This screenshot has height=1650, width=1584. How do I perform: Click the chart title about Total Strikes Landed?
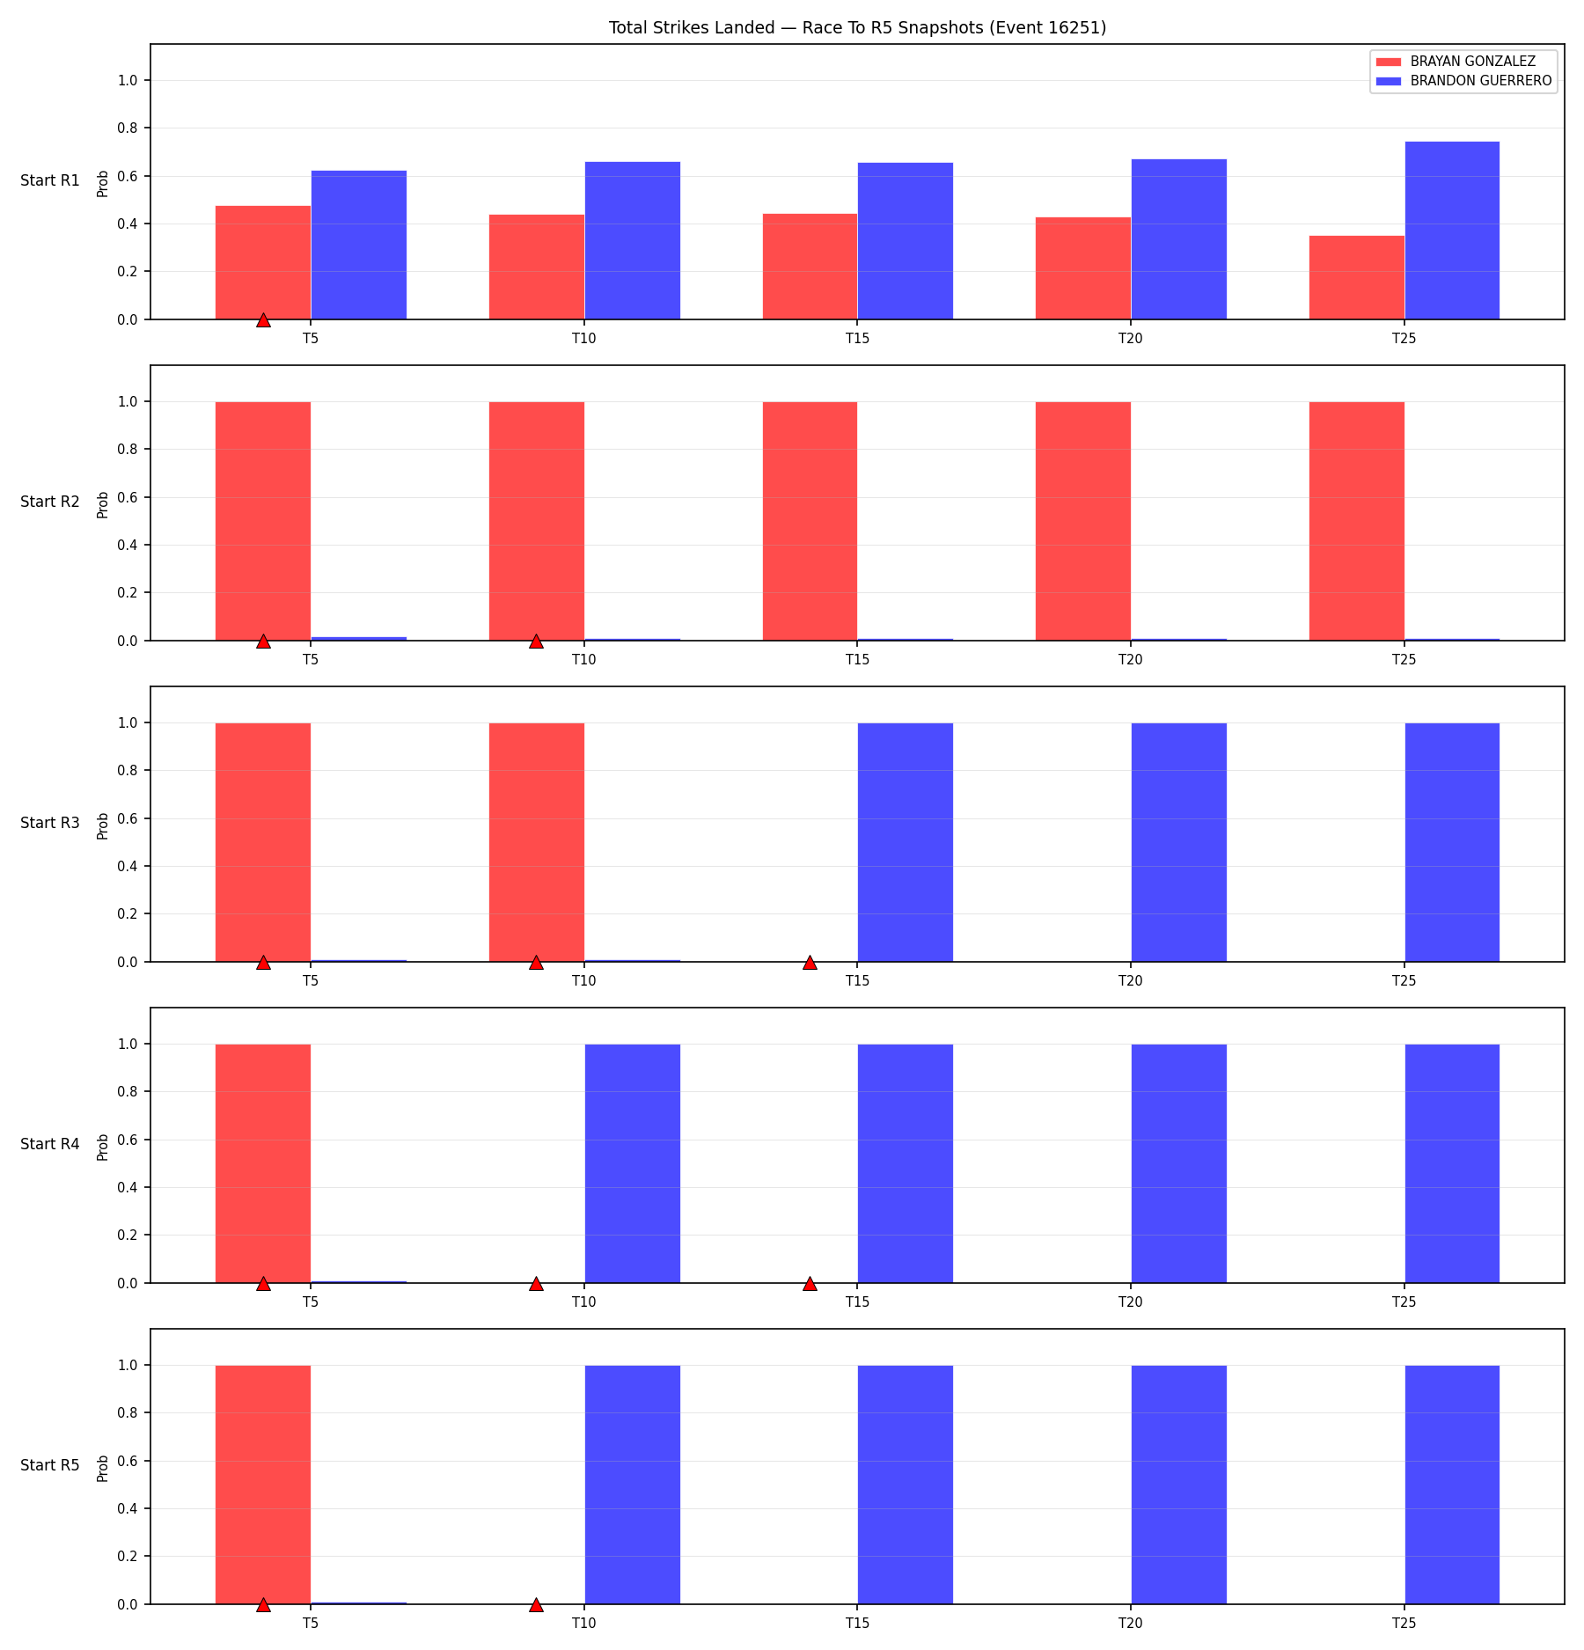[x=857, y=27]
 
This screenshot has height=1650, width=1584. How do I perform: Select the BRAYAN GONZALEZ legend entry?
[x=1456, y=62]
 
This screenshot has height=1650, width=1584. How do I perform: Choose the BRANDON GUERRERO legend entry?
[x=1464, y=81]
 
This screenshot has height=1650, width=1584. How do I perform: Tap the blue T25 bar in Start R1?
[x=1452, y=231]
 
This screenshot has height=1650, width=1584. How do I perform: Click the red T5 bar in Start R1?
[x=263, y=262]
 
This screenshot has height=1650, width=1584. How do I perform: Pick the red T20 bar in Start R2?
[x=1083, y=521]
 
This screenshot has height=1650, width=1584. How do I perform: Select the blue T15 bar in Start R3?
[x=906, y=842]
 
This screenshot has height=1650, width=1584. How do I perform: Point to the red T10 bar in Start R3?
[x=537, y=842]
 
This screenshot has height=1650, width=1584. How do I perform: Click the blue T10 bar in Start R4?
[x=633, y=1163]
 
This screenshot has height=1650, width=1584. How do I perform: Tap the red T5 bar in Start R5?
[x=263, y=1485]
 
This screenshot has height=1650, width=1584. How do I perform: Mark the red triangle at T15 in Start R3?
[x=810, y=963]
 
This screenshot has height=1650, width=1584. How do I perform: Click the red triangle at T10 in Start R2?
[x=536, y=642]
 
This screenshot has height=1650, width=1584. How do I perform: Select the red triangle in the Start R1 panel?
[x=263, y=320]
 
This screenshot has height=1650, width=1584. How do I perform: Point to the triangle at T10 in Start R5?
[x=536, y=1605]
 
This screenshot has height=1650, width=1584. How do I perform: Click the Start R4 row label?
[x=50, y=1144]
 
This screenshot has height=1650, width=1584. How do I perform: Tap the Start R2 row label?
[x=50, y=502]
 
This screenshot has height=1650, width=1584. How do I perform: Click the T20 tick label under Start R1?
[x=1131, y=338]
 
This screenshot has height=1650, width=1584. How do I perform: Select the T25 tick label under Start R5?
[x=1404, y=1623]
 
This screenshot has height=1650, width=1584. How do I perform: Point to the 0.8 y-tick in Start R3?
[x=128, y=771]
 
